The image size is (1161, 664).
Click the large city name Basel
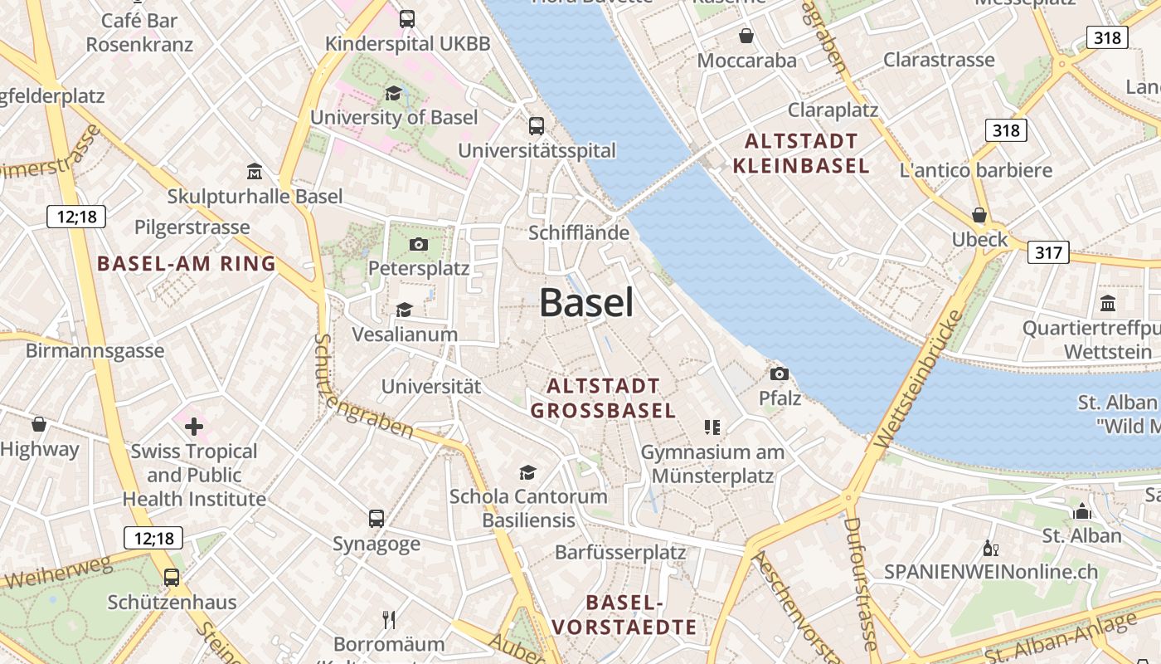pyautogui.click(x=586, y=303)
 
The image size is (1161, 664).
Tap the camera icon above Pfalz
pyautogui.click(x=779, y=373)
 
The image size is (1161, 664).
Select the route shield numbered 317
pyautogui.click(x=1048, y=251)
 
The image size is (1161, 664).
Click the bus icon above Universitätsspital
pyautogui.click(x=537, y=126)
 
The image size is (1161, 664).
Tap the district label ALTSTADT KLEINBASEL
pyautogui.click(x=800, y=153)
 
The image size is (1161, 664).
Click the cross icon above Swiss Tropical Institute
pyautogui.click(x=194, y=427)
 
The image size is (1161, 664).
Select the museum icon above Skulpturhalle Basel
pyautogui.click(x=255, y=172)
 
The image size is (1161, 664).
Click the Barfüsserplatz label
pyautogui.click(x=620, y=552)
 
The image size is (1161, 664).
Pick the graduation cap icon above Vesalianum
pyautogui.click(x=404, y=310)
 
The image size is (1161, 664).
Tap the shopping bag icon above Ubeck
pyautogui.click(x=979, y=215)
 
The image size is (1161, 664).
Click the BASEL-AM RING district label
pyautogui.click(x=186, y=264)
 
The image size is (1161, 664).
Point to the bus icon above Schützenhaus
pyautogui.click(x=172, y=577)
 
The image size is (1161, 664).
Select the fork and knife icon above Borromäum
pyautogui.click(x=389, y=619)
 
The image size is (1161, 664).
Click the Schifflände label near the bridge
pyautogui.click(x=579, y=232)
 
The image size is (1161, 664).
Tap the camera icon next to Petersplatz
pyautogui.click(x=419, y=244)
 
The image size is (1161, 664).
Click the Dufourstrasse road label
pyautogui.click(x=859, y=581)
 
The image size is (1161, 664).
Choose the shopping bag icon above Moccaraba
pyautogui.click(x=746, y=36)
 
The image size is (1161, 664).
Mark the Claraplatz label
pyautogui.click(x=833, y=110)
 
